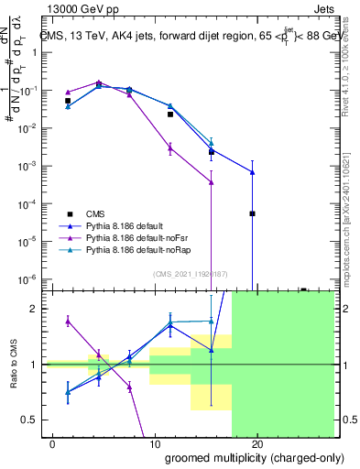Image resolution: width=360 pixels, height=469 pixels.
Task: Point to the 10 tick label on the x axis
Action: point(154,444)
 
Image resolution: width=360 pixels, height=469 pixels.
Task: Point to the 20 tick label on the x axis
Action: point(257,444)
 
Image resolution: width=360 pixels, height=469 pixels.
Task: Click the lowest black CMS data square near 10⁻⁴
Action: point(252,213)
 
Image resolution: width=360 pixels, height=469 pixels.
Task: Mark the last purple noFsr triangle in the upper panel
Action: point(212,181)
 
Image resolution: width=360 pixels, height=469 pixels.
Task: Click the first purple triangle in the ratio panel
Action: point(68,321)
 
